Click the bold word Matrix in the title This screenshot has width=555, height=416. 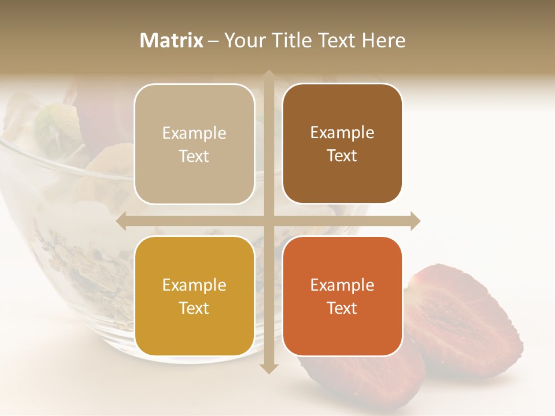click(x=172, y=40)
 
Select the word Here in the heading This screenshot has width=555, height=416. click(x=383, y=40)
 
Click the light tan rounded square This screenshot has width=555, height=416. click(x=194, y=144)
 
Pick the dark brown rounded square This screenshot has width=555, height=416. click(x=342, y=143)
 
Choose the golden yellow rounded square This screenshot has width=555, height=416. click(x=194, y=296)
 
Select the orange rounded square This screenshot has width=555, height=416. click(x=342, y=296)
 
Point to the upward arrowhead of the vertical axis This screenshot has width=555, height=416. click(x=268, y=75)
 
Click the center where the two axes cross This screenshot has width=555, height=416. click(x=268, y=221)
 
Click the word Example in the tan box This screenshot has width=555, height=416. click(x=194, y=133)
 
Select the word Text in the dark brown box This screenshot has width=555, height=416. click(x=342, y=155)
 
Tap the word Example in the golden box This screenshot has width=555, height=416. click(x=194, y=285)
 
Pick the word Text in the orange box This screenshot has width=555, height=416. click(x=342, y=308)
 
